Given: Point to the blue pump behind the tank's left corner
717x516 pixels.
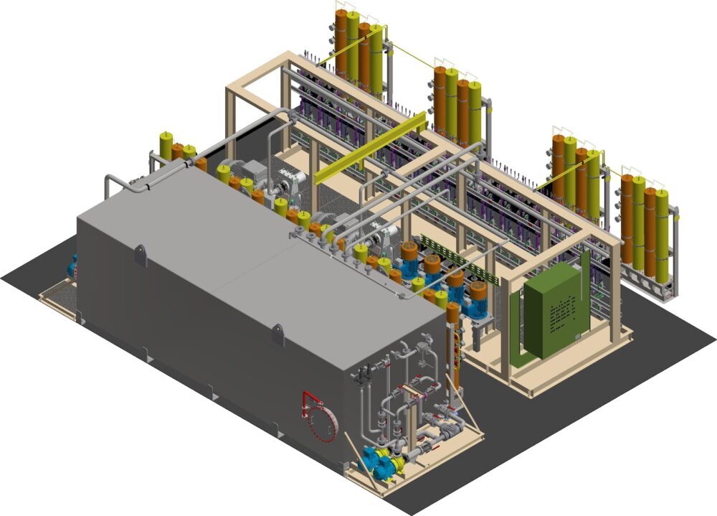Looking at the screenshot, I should [x=72, y=265].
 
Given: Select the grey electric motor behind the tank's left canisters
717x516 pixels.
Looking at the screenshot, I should [x=252, y=173].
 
